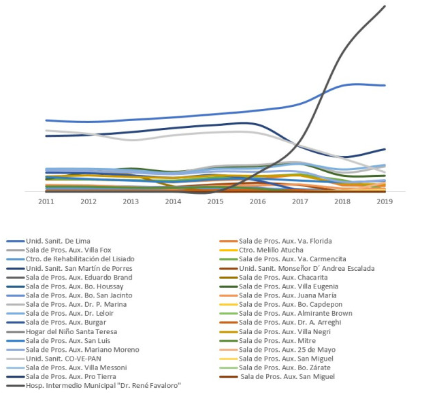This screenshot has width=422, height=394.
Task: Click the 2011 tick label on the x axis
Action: point(46,201)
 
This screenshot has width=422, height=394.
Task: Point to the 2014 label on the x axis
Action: point(174,201)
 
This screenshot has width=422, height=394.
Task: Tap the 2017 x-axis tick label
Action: point(300,201)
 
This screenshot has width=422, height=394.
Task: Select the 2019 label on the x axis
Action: point(385,201)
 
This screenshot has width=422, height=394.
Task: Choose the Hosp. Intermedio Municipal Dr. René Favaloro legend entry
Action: point(93,385)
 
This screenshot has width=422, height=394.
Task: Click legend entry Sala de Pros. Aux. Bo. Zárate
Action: point(285,367)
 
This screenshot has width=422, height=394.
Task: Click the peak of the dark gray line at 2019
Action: point(385,6)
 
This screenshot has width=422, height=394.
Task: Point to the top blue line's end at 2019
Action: point(385,86)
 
